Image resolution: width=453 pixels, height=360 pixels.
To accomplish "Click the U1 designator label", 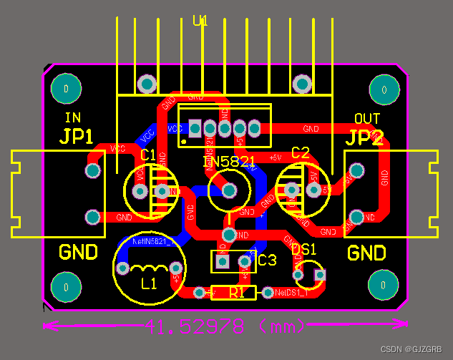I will [x=200, y=21].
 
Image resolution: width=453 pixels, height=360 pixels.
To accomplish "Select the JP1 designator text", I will [x=77, y=137].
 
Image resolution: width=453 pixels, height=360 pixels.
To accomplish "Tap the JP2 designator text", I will [x=366, y=138].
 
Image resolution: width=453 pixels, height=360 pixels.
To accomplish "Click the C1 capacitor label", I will [x=148, y=155].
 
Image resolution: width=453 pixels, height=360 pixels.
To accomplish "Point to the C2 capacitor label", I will [x=301, y=152].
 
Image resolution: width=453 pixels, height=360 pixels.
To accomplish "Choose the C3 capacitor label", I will [x=267, y=261].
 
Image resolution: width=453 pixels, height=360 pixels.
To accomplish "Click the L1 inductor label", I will [x=149, y=284].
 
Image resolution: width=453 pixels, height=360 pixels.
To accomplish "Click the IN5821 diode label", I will [x=229, y=162].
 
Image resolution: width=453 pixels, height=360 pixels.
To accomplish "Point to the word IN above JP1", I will [x=72, y=118].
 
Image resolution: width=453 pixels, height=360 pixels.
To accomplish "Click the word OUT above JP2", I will [x=367, y=118].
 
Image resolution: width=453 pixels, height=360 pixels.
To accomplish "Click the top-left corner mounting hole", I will [x=66, y=89].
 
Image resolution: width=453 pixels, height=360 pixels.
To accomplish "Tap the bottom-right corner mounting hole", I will [x=384, y=285].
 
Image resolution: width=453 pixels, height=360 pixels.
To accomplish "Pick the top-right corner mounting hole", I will [x=384, y=90].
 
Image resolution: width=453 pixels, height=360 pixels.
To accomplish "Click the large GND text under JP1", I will [x=78, y=253].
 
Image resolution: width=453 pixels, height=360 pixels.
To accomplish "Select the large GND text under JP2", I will [x=366, y=253].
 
